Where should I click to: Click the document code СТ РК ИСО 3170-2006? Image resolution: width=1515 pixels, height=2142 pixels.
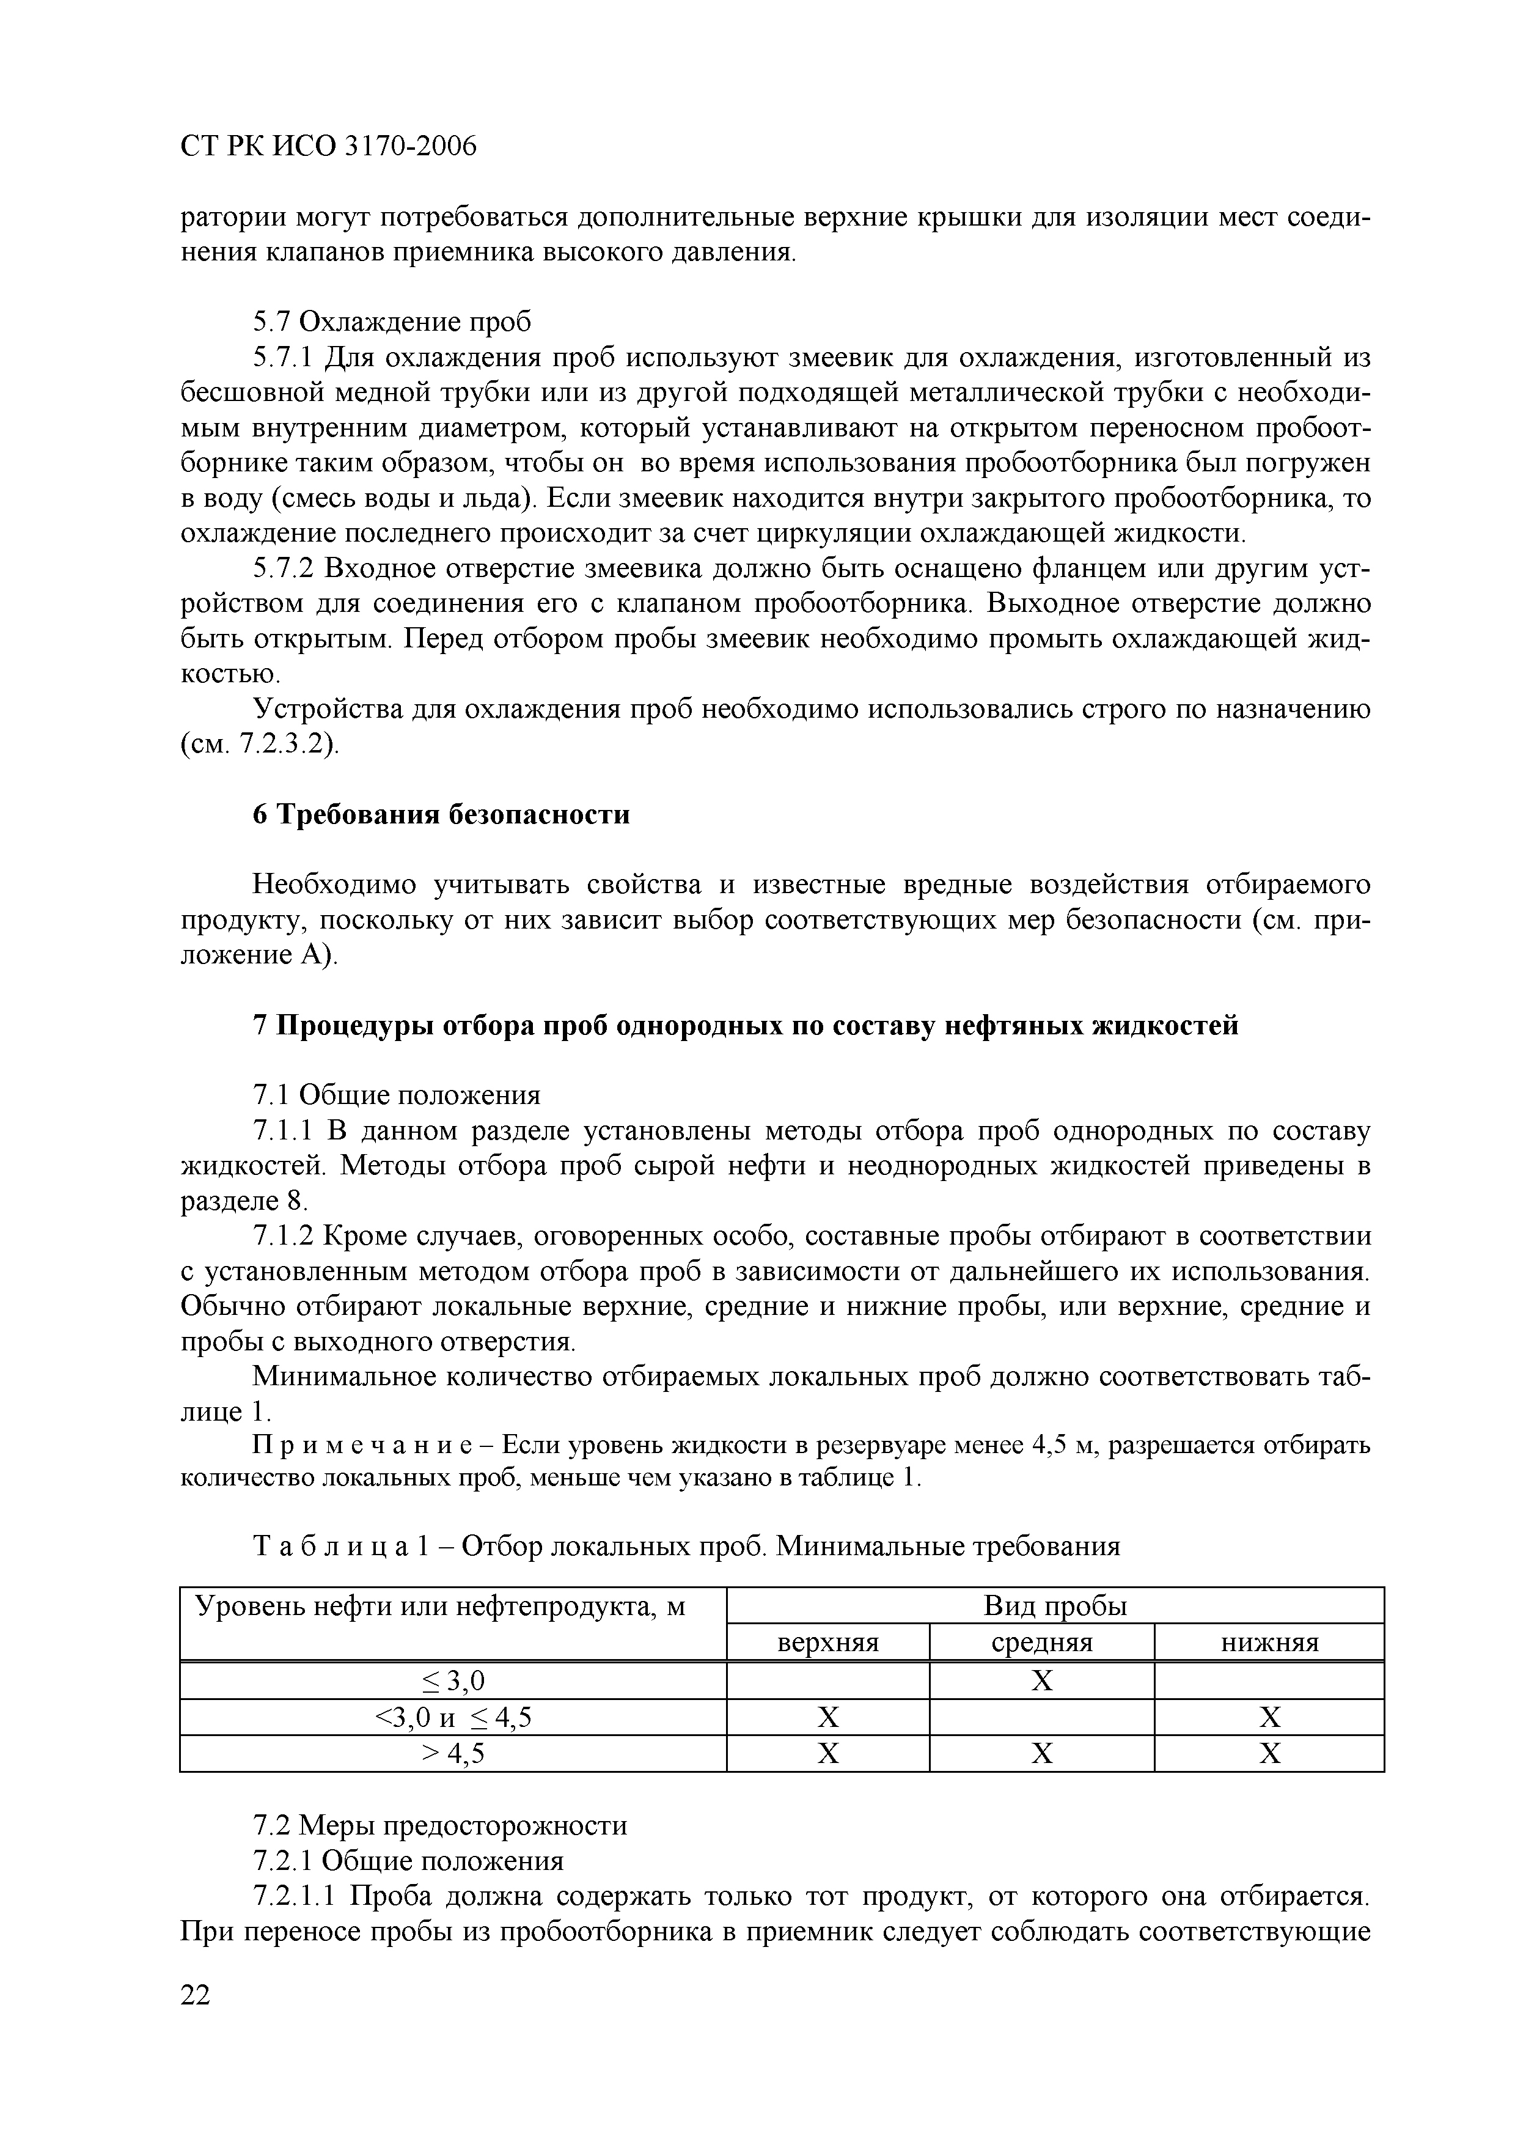coord(328,147)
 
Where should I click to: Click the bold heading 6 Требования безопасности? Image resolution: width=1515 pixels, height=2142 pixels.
coord(441,814)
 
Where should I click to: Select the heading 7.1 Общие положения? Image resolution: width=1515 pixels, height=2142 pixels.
coord(397,1094)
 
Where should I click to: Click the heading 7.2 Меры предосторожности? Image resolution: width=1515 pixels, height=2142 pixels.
coord(440,1825)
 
